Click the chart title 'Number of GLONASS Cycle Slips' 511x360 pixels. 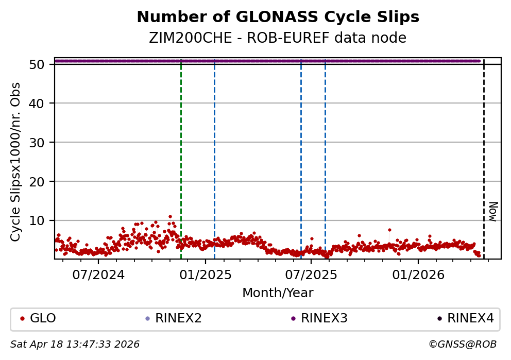(x=278, y=18)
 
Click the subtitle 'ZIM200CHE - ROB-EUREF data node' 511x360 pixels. (x=278, y=38)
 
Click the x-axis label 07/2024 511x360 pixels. (x=98, y=275)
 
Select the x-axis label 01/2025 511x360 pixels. (x=205, y=275)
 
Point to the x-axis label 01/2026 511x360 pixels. (x=418, y=275)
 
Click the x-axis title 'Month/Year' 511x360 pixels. (x=278, y=293)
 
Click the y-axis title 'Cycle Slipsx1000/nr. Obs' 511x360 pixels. (x=16, y=162)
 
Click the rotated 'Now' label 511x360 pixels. (x=493, y=212)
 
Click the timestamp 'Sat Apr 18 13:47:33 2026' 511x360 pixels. (x=75, y=344)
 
